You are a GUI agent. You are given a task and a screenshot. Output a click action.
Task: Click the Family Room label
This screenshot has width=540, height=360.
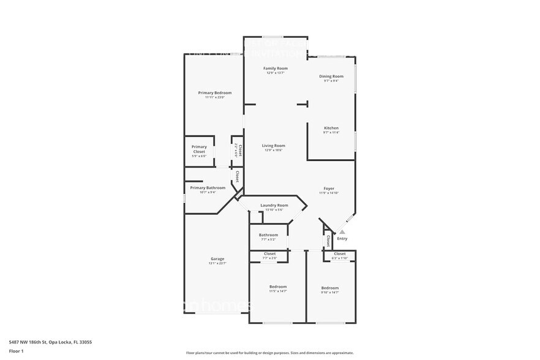pyautogui.click(x=276, y=68)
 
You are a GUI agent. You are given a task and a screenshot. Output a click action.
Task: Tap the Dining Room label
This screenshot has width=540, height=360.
pyautogui.click(x=331, y=77)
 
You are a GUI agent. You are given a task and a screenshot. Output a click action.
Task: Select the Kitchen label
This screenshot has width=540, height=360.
pyautogui.click(x=331, y=128)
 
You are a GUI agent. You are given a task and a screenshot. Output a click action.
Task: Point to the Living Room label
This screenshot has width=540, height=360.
pyautogui.click(x=274, y=146)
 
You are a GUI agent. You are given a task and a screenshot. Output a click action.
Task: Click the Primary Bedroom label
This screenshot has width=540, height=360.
pyautogui.click(x=215, y=92)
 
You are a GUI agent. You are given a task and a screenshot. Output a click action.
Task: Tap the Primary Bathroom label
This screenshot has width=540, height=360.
pyautogui.click(x=207, y=188)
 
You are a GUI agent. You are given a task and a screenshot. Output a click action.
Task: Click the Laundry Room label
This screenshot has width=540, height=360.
pyautogui.click(x=274, y=205)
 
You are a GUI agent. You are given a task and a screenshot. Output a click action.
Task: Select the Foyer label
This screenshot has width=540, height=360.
pyautogui.click(x=329, y=188)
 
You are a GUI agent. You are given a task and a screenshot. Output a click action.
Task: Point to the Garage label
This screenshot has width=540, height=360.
pyautogui.click(x=217, y=259)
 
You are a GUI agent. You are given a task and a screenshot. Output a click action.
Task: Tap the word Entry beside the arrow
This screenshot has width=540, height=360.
pyautogui.click(x=342, y=239)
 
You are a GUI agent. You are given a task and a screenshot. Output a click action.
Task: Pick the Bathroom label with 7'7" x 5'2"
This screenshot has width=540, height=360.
pyautogui.click(x=268, y=234)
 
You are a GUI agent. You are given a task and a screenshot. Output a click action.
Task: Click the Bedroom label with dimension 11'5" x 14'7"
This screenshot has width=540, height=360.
pyautogui.click(x=278, y=287)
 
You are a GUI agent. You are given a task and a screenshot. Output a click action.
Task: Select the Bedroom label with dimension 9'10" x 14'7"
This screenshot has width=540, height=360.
pyautogui.click(x=330, y=288)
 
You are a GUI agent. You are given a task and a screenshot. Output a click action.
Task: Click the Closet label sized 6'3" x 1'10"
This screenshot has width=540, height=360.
pyautogui.click(x=340, y=253)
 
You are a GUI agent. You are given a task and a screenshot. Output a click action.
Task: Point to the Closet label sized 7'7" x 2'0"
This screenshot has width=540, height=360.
pyautogui.click(x=269, y=253)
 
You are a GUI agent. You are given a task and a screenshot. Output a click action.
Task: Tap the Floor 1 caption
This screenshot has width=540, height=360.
pyautogui.click(x=16, y=351)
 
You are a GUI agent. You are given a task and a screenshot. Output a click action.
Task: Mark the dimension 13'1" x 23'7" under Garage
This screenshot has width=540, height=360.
pyautogui.click(x=217, y=263)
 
